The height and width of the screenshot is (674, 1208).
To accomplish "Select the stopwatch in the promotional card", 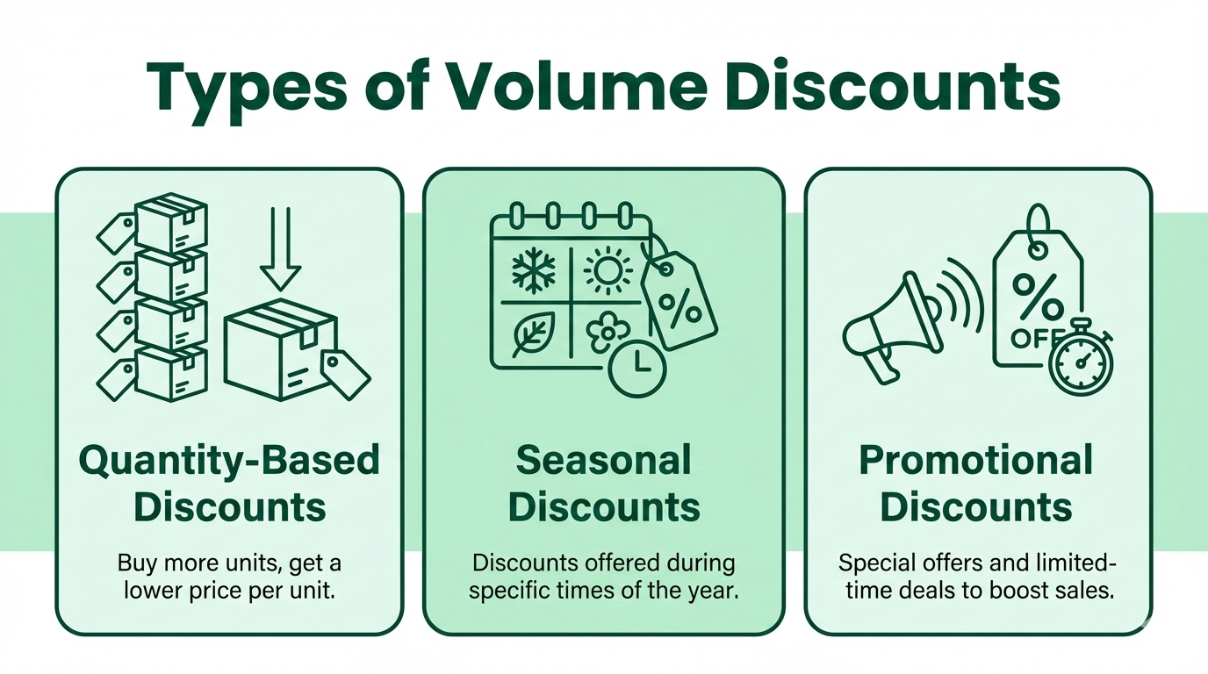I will click(1081, 363).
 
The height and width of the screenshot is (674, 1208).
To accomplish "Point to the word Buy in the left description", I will click(134, 563).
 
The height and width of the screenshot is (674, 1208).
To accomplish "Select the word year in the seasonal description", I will click(715, 590).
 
